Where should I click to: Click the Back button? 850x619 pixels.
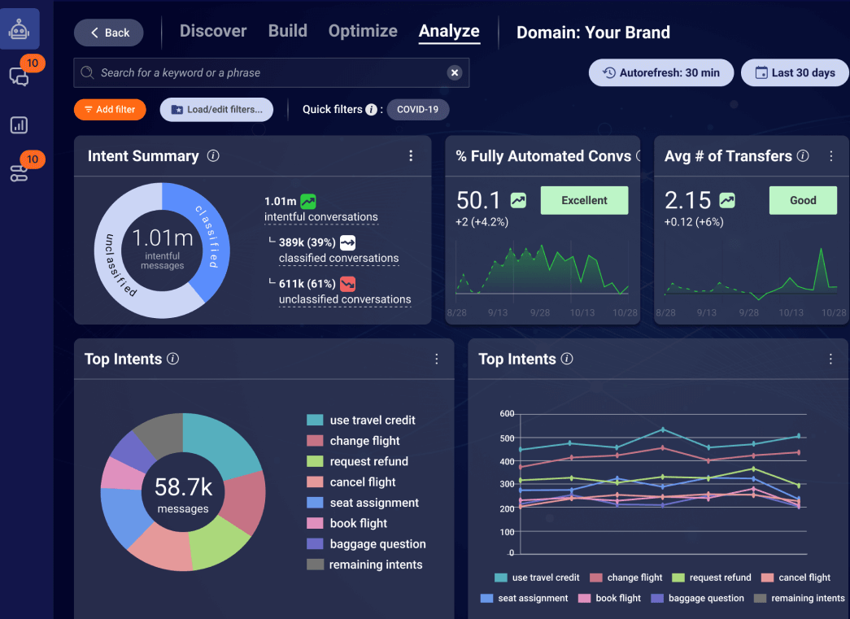(109, 33)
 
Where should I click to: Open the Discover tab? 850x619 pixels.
(213, 31)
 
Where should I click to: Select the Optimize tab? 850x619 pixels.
(363, 31)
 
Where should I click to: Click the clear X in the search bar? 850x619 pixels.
(455, 73)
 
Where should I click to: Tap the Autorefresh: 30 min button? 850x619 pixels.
(660, 73)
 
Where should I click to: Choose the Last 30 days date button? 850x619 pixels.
(794, 73)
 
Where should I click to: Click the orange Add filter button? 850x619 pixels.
(110, 110)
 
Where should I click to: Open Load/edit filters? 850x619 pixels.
(216, 110)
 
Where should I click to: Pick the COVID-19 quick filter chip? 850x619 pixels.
(418, 110)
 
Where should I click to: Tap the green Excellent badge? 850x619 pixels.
(584, 200)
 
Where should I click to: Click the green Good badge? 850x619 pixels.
(802, 200)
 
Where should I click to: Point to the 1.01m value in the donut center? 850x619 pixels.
(163, 238)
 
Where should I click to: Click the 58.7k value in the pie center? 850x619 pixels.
(183, 487)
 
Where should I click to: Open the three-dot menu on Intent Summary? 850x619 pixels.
(411, 156)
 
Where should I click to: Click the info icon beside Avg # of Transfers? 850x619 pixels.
(803, 156)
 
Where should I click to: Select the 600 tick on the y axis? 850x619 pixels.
(507, 414)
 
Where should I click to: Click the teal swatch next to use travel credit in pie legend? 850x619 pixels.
(315, 421)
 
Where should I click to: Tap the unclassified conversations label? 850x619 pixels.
(344, 299)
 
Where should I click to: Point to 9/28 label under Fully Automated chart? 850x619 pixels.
(539, 312)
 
